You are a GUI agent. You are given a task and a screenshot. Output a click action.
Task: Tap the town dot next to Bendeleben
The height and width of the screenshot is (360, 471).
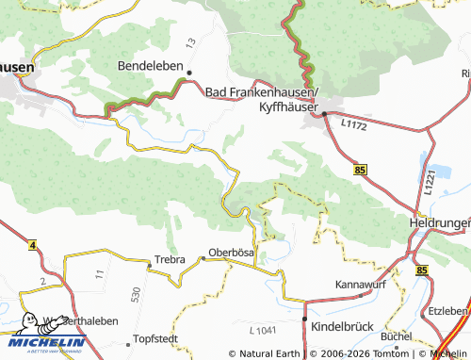(x=189, y=73)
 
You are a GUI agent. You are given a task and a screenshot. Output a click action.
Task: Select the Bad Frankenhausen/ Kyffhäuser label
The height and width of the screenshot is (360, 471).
(x=263, y=98)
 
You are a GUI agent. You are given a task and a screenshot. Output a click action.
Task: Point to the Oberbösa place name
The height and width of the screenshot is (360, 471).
(x=232, y=252)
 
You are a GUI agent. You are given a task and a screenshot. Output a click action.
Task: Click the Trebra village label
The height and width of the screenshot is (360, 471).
(x=169, y=259)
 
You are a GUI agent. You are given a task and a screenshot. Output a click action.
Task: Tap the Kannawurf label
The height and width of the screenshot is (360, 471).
(x=364, y=284)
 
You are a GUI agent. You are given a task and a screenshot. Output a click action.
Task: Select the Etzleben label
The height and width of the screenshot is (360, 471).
(x=449, y=310)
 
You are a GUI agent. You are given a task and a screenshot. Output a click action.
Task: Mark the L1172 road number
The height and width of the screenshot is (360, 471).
(x=353, y=123)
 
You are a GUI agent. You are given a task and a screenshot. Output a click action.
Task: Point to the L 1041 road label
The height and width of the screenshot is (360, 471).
(x=267, y=329)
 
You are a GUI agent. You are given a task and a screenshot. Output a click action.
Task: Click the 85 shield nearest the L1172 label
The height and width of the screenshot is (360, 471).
(x=361, y=170)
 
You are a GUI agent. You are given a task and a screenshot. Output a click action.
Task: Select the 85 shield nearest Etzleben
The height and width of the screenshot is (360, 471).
(x=420, y=270)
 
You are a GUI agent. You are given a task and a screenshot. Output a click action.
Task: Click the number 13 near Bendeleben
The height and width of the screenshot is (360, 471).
(x=191, y=43)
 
